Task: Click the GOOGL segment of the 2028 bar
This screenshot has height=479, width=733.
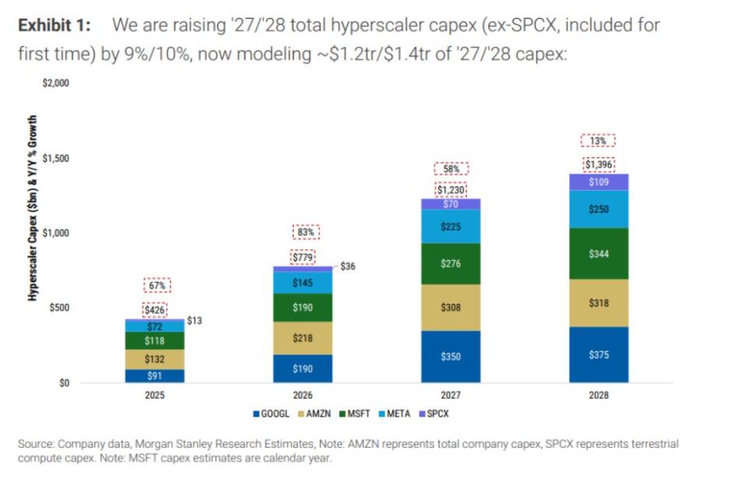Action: (599, 354)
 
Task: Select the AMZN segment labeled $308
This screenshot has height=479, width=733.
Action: (451, 308)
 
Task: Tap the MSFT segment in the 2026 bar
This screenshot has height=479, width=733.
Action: (302, 308)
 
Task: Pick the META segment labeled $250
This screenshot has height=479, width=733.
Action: (599, 210)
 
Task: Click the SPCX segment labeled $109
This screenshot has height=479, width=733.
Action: (599, 182)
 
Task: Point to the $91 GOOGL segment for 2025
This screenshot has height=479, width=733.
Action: (155, 375)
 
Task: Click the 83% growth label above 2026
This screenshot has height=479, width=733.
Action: (305, 232)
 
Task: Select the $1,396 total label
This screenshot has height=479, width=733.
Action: (599, 164)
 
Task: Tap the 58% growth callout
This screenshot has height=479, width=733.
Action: (451, 169)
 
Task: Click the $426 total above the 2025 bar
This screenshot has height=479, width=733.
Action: (155, 310)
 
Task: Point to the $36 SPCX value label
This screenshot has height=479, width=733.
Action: (347, 266)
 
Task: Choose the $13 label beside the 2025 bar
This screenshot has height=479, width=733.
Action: (195, 321)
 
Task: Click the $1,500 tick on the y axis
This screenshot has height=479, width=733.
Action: (55, 158)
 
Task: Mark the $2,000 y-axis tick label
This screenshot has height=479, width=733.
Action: (55, 83)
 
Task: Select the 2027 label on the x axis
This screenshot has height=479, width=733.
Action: (451, 396)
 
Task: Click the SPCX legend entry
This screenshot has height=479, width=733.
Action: (435, 414)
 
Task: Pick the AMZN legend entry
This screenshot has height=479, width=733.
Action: (314, 414)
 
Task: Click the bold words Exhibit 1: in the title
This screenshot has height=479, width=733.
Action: (55, 25)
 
